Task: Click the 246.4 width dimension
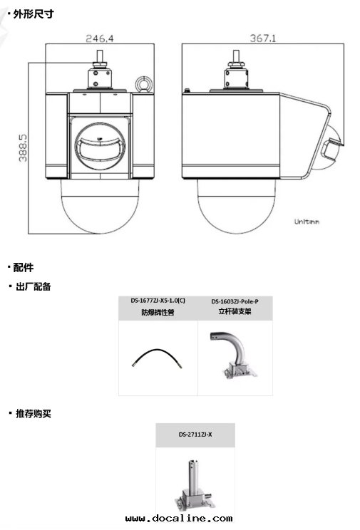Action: (x=100, y=38)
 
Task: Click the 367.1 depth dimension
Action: (x=263, y=38)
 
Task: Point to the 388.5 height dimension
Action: (x=23, y=148)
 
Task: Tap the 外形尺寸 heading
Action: (x=34, y=14)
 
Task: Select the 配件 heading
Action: (x=24, y=267)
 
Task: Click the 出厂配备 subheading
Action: (x=34, y=286)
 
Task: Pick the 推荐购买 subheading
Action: (x=34, y=413)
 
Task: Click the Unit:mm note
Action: (x=307, y=222)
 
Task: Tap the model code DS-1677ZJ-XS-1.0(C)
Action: (x=158, y=301)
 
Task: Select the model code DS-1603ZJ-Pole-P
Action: (x=235, y=301)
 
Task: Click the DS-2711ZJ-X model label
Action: (x=195, y=435)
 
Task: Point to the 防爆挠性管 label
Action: (x=158, y=312)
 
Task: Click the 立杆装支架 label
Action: (x=235, y=311)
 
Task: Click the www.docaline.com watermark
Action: (x=179, y=518)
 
